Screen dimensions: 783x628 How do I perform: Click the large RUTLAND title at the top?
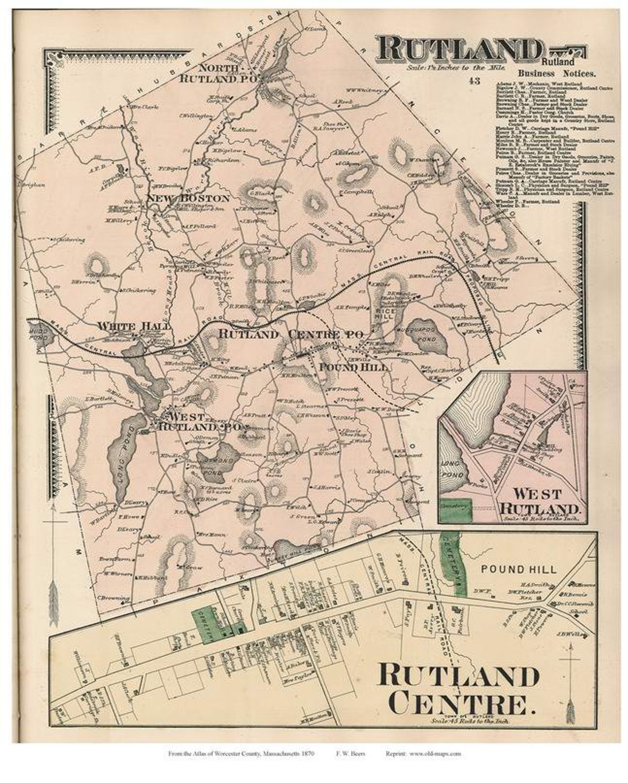pos(458,48)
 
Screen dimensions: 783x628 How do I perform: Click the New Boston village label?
pos(187,198)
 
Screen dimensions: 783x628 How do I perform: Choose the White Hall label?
pos(134,327)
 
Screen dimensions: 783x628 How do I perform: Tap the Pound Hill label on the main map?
pos(345,367)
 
